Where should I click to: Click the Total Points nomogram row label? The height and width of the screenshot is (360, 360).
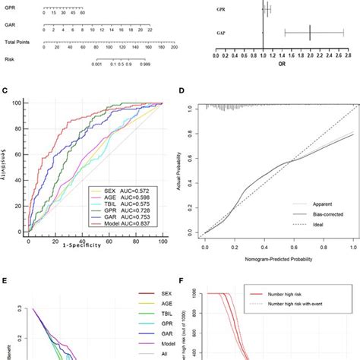17,43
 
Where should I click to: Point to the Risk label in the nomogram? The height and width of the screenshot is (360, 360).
9,60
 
